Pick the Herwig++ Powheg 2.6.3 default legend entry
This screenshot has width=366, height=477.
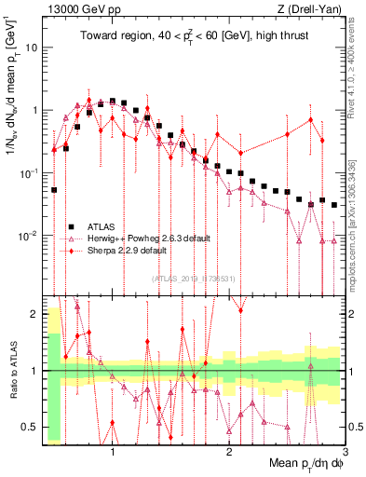140,238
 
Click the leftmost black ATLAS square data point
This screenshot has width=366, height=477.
54,190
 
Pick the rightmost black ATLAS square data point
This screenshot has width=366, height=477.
333,205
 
